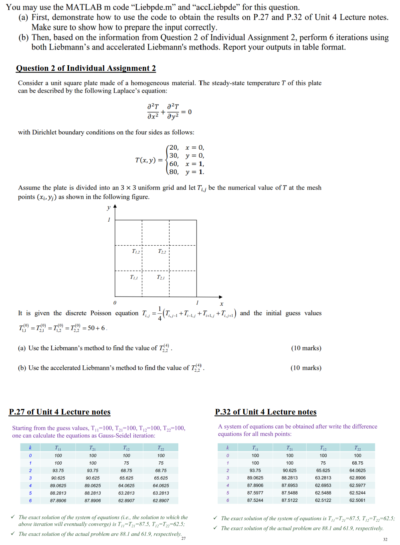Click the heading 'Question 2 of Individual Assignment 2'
86,68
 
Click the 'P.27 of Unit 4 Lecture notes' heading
60,412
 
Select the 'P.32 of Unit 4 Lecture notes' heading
266,412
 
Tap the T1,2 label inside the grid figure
136,251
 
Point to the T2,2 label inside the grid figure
162,251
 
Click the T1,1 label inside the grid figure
134,277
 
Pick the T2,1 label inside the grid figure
160,277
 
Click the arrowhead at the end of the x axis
220,297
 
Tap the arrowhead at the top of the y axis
115,206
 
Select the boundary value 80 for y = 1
174,172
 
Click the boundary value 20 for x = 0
174,147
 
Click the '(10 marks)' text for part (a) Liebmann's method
306,348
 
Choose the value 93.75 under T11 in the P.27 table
58,471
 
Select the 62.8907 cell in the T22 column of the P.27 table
161,501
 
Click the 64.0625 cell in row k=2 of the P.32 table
357,471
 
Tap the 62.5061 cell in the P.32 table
357,501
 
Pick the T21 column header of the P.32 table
289,448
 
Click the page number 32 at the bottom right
385,539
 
